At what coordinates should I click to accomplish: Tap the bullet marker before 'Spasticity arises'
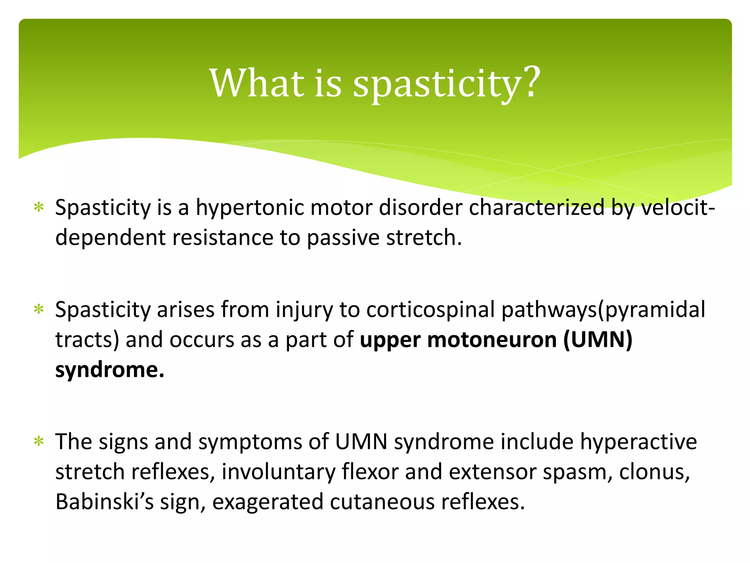tap(38, 310)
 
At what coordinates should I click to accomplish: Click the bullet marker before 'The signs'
tap(38, 442)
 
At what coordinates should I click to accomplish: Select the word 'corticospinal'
tap(430, 310)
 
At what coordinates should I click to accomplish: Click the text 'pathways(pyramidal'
tap(603, 310)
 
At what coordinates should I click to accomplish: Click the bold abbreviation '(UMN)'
tap(598, 340)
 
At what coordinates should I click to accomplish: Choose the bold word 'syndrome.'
tap(109, 370)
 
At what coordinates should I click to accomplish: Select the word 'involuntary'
tap(278, 472)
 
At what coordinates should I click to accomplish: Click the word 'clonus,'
tap(654, 472)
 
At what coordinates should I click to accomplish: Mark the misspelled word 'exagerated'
tap(267, 502)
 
